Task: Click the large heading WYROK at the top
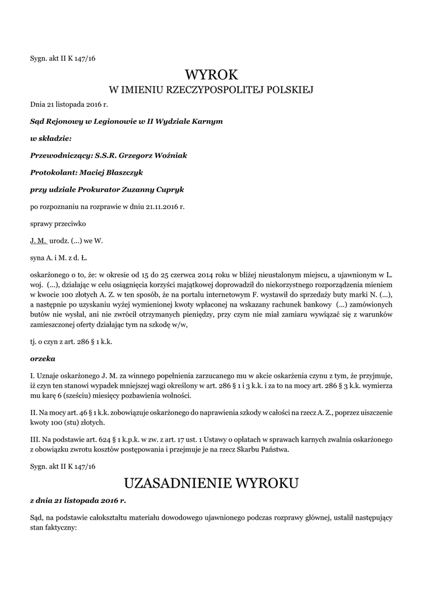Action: (x=211, y=74)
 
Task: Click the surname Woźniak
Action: (x=169, y=155)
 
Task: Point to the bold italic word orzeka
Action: (x=42, y=359)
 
